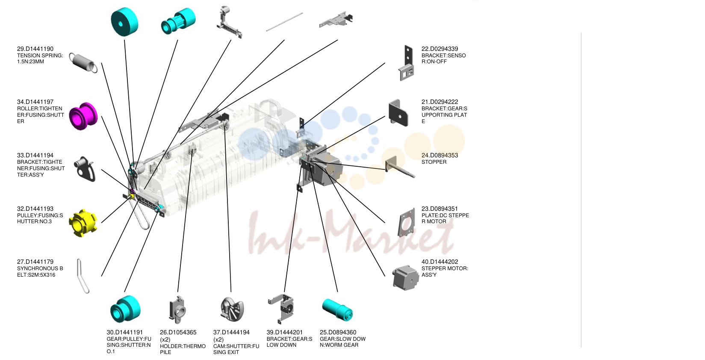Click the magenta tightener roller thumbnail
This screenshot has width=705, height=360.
[x=83, y=116]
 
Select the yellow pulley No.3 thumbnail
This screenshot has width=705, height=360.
[x=83, y=223]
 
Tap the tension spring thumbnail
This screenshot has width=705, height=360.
[x=83, y=63]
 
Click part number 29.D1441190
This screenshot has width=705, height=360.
[x=35, y=49]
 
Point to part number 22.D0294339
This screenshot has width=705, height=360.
[x=440, y=49]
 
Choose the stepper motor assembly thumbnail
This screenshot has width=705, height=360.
[x=406, y=277]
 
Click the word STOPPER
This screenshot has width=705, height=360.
[x=434, y=162]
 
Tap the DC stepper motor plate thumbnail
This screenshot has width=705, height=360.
[x=406, y=223]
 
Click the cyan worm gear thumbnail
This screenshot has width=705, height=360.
[x=337, y=310]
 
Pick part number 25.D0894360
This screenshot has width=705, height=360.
[x=338, y=332]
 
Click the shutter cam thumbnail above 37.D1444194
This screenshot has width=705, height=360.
[x=232, y=310]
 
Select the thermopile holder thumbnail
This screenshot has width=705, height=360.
[x=178, y=310]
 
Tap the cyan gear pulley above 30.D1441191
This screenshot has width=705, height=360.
[x=125, y=309]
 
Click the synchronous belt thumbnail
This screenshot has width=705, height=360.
[x=83, y=276]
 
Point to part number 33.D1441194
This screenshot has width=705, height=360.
[x=35, y=156]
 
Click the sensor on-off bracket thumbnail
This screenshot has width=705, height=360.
[x=407, y=63]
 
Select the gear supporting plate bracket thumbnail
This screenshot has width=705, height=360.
[x=398, y=113]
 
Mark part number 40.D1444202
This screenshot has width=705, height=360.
[x=440, y=262]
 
